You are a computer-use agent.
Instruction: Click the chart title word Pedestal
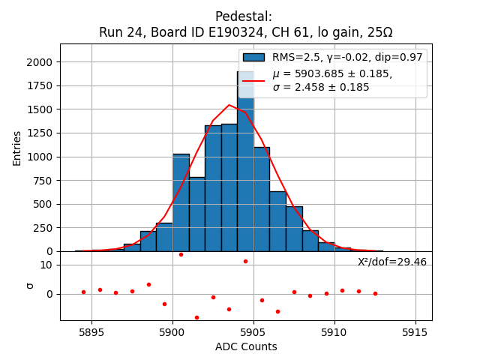coord(243,16)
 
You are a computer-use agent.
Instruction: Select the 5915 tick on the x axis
coord(415,332)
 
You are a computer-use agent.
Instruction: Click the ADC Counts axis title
coord(246,346)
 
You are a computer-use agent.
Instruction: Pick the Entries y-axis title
coord(17,148)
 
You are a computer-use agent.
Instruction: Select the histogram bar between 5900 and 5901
coord(181,202)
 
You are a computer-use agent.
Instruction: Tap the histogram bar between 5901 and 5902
coord(196,214)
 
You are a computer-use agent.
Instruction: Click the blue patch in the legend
coord(253,57)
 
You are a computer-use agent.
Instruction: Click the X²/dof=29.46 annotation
coord(392,262)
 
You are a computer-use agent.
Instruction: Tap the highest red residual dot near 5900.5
coord(181,254)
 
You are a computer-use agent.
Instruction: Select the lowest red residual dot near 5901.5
coord(196,317)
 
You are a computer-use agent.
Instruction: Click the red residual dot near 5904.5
coord(245,261)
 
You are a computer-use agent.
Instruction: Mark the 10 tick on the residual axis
coord(46,265)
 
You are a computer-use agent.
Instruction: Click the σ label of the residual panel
coord(30,285)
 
